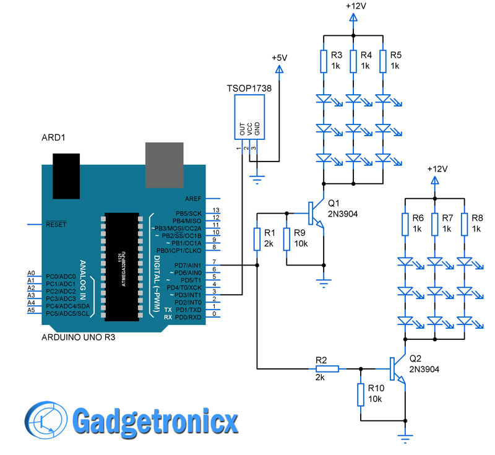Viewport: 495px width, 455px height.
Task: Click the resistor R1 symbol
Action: click(x=257, y=239)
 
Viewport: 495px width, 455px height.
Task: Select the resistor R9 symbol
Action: click(x=286, y=239)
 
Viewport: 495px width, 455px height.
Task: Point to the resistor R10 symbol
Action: click(x=360, y=394)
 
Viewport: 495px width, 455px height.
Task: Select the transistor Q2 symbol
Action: click(x=395, y=370)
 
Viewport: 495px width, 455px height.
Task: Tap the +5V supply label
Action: click(x=279, y=58)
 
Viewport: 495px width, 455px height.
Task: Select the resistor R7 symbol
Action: click(x=434, y=224)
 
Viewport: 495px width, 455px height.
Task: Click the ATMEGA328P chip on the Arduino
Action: click(x=125, y=266)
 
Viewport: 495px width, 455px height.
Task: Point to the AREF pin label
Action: click(x=193, y=199)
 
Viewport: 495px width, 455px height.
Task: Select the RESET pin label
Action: click(x=55, y=224)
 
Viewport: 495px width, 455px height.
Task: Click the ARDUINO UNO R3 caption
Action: click(x=78, y=338)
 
